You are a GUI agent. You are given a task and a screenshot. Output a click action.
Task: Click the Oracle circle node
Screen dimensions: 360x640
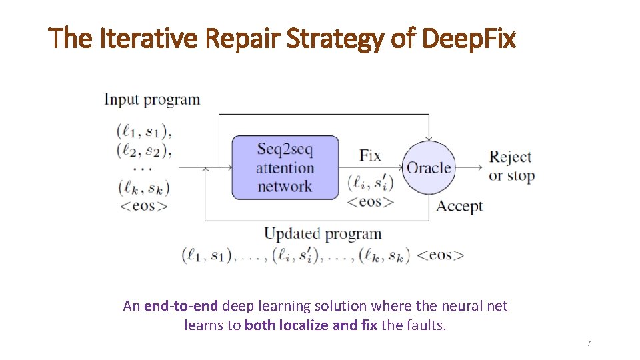tap(429, 168)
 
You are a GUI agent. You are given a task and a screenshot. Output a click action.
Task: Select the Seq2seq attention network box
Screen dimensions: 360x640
tap(285, 167)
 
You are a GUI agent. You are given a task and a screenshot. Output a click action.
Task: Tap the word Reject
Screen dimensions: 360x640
tap(510, 157)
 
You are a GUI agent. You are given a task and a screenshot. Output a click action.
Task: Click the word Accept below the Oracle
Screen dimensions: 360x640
tap(459, 206)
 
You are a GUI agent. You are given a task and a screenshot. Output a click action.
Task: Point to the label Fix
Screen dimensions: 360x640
tap(370, 156)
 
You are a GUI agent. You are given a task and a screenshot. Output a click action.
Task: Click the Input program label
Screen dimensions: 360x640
tap(152, 100)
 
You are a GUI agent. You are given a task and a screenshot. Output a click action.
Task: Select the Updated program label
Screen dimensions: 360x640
tap(323, 234)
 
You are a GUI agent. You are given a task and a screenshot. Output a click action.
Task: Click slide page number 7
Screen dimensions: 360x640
tap(589, 343)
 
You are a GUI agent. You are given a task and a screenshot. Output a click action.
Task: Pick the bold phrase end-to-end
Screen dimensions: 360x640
tap(180, 306)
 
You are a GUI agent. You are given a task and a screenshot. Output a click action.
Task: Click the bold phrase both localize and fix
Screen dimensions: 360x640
tap(311, 326)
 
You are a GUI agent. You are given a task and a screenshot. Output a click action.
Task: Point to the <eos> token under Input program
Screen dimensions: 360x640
tap(143, 205)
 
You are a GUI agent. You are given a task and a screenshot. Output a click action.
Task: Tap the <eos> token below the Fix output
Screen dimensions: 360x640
tap(371, 201)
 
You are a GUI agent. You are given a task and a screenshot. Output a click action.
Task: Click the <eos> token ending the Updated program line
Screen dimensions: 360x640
tap(440, 255)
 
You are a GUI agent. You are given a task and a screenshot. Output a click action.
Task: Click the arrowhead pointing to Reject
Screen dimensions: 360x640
tap(479, 167)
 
